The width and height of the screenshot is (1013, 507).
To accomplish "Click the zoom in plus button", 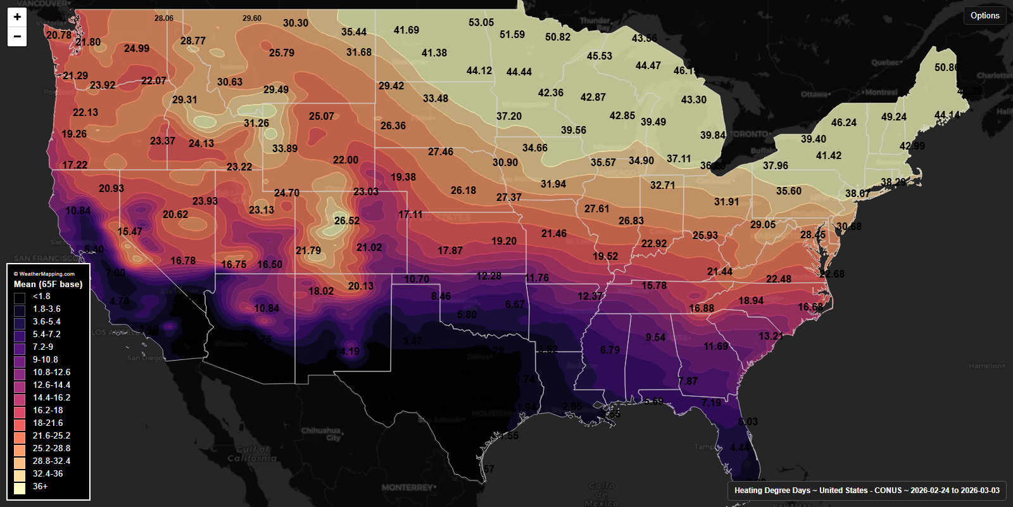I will coord(17,17).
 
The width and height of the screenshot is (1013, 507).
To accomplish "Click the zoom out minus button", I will coord(17,37).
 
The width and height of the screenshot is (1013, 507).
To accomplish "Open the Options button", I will coord(985,16).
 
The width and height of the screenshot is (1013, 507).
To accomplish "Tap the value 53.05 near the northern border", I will coord(481,23).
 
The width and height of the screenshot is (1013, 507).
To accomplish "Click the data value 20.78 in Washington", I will coord(59,35).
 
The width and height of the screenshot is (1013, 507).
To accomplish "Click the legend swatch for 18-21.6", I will coord(20,423).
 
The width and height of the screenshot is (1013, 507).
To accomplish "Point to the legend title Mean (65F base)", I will coord(48,285).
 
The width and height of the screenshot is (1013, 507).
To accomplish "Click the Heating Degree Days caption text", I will coord(867,491).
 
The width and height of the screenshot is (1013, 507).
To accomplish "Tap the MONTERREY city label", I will coord(408,487).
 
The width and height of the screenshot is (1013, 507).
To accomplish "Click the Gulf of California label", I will coord(252,454).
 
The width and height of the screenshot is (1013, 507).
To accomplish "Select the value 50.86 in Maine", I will coord(947,68).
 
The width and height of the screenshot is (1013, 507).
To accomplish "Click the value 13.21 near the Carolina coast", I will coord(771,336).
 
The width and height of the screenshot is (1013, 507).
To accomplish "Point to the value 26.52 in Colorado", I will coord(347,221).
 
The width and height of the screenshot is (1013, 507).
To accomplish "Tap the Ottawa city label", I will coord(814,94).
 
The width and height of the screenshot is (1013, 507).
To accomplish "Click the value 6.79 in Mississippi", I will coord(610,350).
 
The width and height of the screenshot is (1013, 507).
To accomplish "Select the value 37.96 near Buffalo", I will coord(776,166).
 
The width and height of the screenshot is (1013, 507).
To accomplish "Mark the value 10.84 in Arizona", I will coord(267,309).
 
